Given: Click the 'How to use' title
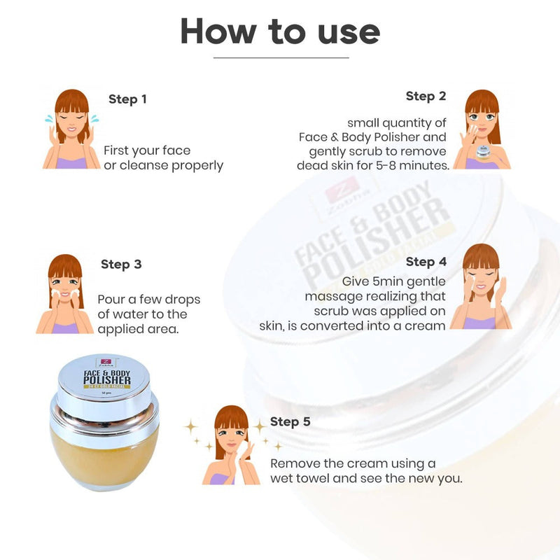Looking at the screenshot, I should point(280,31).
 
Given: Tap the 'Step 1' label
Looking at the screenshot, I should point(127,99).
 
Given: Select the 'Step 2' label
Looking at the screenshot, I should point(426,96).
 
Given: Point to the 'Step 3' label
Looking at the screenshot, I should point(121,264).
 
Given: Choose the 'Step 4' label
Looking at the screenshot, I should point(426,262).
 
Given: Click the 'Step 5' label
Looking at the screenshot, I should point(290,421).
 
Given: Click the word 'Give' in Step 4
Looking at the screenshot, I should point(356,281).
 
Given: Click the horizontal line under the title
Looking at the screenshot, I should point(280,57).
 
